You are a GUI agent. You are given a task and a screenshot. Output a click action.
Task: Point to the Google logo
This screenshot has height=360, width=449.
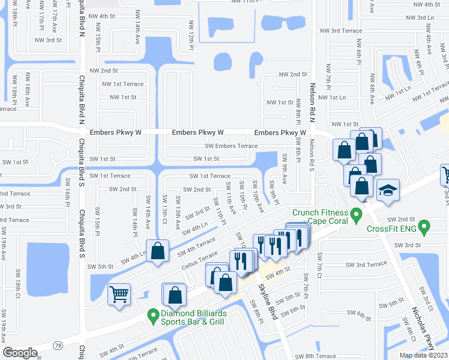click(20, 352)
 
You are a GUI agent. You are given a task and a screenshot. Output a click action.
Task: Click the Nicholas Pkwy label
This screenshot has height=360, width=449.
click(422, 327)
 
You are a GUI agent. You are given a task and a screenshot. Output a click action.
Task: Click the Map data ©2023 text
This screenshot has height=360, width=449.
click(423, 355)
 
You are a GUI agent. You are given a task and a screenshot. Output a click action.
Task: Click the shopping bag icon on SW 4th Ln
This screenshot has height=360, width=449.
click(157, 252)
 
